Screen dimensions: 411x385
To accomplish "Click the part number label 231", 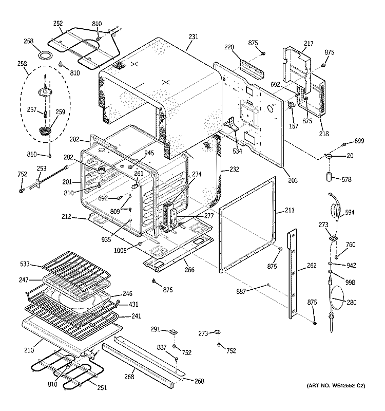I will pyautogui.click(x=192, y=36).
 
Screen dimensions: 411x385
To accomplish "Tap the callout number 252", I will pyautogui.click(x=58, y=23).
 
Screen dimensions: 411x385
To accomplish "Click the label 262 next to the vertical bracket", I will pyautogui.click(x=311, y=266).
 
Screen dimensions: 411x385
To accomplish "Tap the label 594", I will pyautogui.click(x=350, y=212).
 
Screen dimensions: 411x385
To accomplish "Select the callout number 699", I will pyautogui.click(x=359, y=141).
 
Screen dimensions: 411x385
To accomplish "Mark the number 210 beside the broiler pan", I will pyautogui.click(x=28, y=350).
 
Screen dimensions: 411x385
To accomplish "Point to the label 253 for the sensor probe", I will pyautogui.click(x=41, y=168).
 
